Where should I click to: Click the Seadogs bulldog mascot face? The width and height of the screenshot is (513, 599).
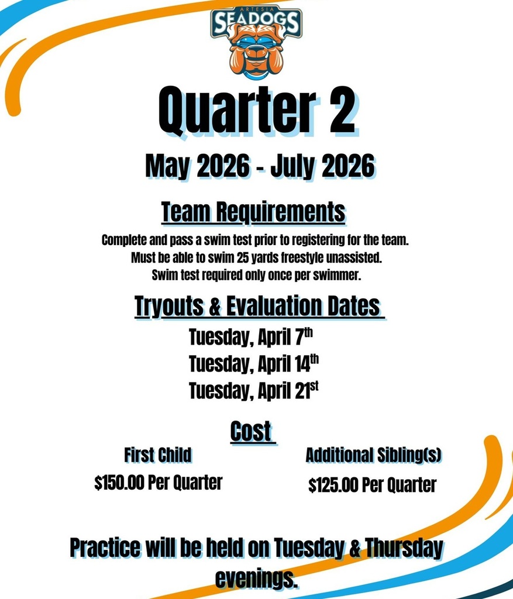click(x=256, y=51)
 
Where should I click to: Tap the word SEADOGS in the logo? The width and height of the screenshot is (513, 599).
click(x=256, y=23)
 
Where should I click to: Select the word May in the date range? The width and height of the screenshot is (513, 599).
click(x=167, y=167)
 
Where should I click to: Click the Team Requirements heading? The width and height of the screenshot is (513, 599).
click(x=253, y=213)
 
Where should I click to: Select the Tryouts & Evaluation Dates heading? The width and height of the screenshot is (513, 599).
click(x=257, y=307)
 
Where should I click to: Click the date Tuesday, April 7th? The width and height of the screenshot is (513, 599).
click(x=252, y=338)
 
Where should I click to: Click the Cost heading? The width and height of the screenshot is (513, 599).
click(x=251, y=432)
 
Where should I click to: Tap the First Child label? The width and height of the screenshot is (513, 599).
click(x=158, y=455)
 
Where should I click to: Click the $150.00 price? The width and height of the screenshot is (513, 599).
click(x=119, y=483)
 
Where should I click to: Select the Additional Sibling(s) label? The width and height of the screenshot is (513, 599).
click(x=373, y=455)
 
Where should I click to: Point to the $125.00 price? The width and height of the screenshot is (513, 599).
click(x=333, y=485)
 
